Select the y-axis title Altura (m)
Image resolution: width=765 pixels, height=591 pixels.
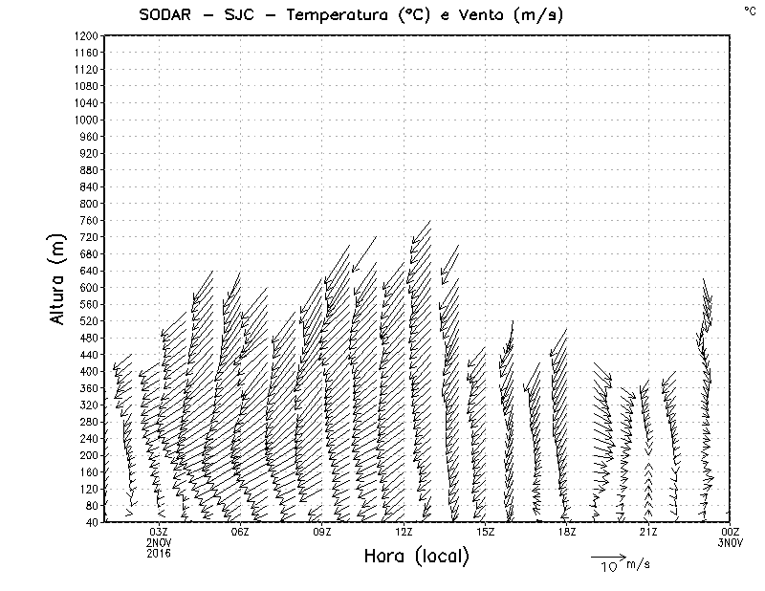[57, 277]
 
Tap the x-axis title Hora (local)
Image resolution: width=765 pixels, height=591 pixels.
[417, 557]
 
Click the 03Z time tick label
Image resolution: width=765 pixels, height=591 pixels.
[159, 532]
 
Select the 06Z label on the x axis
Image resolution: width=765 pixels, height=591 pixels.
[240, 532]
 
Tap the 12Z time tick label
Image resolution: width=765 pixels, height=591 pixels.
[404, 532]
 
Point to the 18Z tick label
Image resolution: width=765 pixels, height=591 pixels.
[567, 532]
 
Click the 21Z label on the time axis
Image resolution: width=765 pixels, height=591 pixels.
[648, 532]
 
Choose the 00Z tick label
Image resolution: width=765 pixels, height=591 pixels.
[731, 532]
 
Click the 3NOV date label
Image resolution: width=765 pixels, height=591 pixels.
[731, 542]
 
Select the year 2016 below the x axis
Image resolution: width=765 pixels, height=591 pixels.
[159, 553]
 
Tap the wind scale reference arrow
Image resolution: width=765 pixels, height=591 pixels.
[607, 556]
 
